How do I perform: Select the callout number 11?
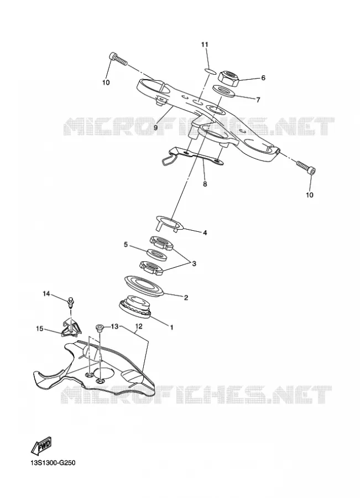pyautogui.click(x=205, y=44)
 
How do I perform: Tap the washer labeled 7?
pyautogui.click(x=223, y=91)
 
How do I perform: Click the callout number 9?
pyautogui.click(x=156, y=128)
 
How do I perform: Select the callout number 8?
pyautogui.click(x=205, y=184)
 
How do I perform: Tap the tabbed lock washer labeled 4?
pyautogui.click(x=170, y=224)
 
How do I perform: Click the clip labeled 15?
pyautogui.click(x=71, y=328)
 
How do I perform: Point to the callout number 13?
pyautogui.click(x=114, y=326)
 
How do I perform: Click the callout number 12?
pyautogui.click(x=139, y=326)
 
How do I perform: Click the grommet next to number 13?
pyautogui.click(x=100, y=328)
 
